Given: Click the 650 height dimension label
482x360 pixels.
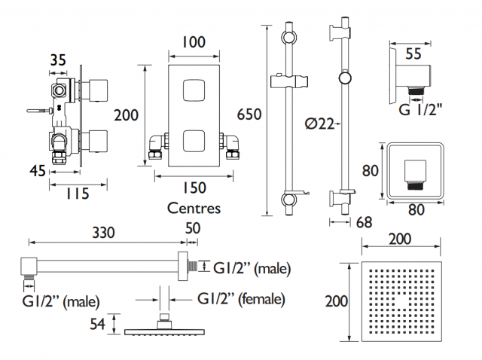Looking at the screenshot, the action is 249,114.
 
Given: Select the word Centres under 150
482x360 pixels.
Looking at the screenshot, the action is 194,208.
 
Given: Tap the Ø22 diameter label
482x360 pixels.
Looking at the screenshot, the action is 319,124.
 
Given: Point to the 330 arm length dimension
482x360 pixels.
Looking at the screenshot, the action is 104,233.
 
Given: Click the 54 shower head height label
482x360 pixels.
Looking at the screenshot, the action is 97,324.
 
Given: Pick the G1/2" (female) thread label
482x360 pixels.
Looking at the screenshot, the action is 241,299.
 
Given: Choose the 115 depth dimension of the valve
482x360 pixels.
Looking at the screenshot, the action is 78,194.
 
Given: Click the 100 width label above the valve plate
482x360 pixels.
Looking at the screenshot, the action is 194,42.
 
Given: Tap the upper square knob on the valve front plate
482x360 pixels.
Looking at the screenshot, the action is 194,90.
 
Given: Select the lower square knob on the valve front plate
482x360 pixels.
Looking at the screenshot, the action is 194,141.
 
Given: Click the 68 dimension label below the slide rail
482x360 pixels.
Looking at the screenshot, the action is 364,222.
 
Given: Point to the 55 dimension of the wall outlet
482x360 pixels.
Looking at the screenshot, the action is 413,53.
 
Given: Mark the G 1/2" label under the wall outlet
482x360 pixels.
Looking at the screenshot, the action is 420,109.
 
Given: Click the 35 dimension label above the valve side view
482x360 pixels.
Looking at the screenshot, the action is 58,60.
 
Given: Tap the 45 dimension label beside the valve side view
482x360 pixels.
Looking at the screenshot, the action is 38,171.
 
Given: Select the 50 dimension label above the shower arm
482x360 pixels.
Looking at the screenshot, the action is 193,228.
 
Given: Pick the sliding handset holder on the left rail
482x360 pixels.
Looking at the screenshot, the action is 289,81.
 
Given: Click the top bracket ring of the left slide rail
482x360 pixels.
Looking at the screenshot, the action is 289,37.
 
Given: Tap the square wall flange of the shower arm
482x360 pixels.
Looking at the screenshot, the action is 183,266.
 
